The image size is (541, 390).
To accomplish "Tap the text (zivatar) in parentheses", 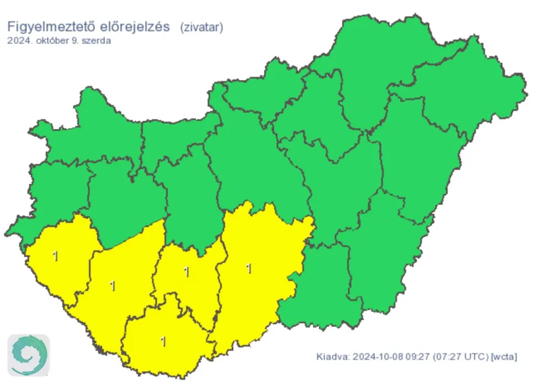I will [202, 28].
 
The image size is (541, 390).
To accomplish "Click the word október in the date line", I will [50, 41].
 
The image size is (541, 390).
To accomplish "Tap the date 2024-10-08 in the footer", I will [375, 357].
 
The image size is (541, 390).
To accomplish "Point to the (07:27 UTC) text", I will [460, 357].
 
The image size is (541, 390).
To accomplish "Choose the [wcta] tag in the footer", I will [504, 357].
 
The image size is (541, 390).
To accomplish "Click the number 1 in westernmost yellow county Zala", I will [54, 256].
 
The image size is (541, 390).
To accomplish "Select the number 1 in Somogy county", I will [113, 286].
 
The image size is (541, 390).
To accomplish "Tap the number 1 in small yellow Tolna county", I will [186, 272].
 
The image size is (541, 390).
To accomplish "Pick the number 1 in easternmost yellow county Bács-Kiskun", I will [249, 269].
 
